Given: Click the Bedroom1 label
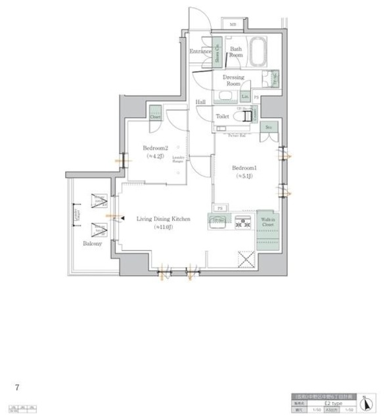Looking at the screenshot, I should pyautogui.click(x=242, y=172).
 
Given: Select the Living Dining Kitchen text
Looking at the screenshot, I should pyautogui.click(x=163, y=222).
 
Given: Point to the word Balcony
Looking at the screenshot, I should pyautogui.click(x=92, y=243).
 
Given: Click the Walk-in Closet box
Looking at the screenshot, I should pyautogui.click(x=267, y=224).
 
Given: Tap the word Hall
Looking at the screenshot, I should pyautogui.click(x=201, y=102).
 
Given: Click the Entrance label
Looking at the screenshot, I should pyautogui.click(x=200, y=51).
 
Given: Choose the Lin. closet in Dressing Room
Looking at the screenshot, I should pyautogui.click(x=245, y=97).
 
